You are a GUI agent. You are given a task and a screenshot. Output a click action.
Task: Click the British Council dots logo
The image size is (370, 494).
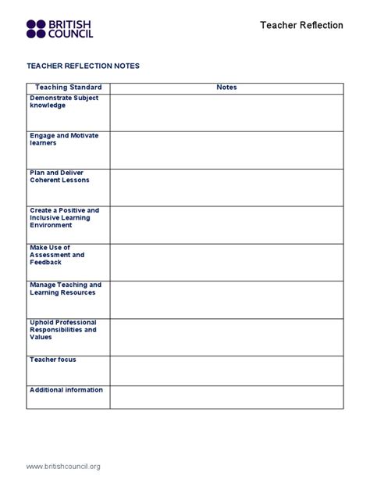pyautogui.click(x=36, y=29)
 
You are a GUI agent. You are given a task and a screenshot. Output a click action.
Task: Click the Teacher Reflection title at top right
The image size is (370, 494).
pyautogui.click(x=301, y=25)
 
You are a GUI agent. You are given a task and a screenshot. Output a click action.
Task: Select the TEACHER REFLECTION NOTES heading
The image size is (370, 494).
pyautogui.click(x=83, y=66)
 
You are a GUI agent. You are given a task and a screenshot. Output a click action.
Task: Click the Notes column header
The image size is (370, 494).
pyautogui.click(x=226, y=88)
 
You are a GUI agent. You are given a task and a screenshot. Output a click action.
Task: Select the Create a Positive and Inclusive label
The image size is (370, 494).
pyautogui.click(x=64, y=217)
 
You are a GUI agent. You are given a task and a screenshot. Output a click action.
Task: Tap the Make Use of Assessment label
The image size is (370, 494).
pyautogui.click(x=57, y=255)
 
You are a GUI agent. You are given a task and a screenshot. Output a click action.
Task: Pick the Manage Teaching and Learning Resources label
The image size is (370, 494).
pyautogui.click(x=66, y=288)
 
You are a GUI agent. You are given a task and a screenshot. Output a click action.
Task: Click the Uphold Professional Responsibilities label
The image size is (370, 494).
pyautogui.click(x=63, y=329)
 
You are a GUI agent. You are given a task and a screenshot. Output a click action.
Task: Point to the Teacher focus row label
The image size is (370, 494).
pyautogui.click(x=53, y=360)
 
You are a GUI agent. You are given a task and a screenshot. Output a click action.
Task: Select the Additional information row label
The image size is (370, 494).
pyautogui.click(x=66, y=390)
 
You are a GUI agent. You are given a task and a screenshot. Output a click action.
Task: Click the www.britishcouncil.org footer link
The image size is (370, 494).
pyautogui.click(x=63, y=467)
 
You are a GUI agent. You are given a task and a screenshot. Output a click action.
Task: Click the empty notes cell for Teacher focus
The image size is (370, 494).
pyautogui.click(x=226, y=370)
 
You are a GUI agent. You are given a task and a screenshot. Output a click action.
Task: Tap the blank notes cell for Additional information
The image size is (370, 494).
pyautogui.click(x=226, y=397)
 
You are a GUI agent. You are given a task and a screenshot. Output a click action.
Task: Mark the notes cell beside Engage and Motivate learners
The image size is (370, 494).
pyautogui.click(x=226, y=150)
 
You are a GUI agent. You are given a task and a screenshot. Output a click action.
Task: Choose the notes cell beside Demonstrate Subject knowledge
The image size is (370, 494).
pyautogui.click(x=226, y=113)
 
